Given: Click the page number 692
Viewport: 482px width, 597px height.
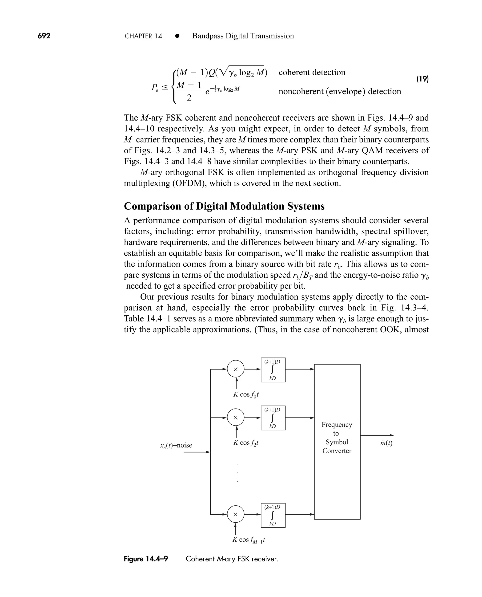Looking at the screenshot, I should tap(44, 36).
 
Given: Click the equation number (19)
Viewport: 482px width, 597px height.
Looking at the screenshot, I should tap(423, 79).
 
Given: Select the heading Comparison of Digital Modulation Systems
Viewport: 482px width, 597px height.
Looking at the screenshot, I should tap(224, 206).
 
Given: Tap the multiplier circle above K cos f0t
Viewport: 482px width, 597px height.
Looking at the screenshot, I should tap(236, 369).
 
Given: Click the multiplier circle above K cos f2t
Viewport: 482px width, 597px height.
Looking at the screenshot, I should tap(236, 418).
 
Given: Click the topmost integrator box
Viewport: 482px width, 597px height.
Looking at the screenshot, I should tap(273, 370).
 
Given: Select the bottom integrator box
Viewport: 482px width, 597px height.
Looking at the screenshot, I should tap(273, 515).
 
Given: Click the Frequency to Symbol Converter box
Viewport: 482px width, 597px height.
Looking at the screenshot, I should tap(337, 442).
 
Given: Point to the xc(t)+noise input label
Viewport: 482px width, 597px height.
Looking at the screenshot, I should tap(176, 445).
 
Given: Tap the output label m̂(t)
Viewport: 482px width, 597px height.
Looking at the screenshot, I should tap(386, 443).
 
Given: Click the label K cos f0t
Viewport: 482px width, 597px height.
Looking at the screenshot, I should tap(246, 394).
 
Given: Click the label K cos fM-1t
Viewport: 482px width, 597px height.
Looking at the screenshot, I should tap(249, 540).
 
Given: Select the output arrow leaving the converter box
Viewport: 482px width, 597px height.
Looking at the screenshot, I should tap(377, 435).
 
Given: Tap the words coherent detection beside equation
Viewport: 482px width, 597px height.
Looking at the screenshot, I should tap(312, 72).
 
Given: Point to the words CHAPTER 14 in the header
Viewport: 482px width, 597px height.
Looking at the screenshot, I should tap(143, 36).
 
